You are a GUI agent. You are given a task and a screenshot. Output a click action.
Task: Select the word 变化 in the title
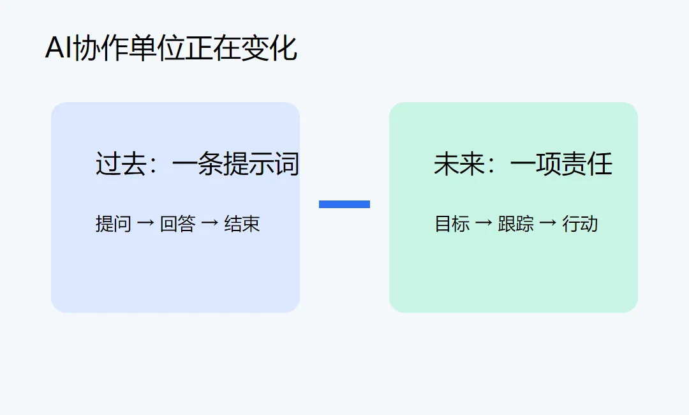tap(269, 48)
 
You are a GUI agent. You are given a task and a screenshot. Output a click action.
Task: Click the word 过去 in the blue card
tap(121, 164)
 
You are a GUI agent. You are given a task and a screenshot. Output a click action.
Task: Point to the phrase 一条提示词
tap(236, 164)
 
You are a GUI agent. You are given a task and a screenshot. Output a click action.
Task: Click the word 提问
tap(114, 223)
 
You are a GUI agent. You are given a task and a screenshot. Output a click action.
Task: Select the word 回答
tap(177, 223)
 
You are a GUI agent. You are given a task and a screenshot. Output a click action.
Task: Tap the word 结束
tap(242, 223)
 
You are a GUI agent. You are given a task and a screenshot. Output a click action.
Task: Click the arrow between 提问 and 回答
tap(145, 223)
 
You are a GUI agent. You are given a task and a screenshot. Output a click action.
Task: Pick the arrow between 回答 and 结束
tap(210, 223)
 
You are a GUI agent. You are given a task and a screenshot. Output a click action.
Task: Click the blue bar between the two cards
tap(344, 204)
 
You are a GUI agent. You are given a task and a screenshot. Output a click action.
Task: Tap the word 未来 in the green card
tap(459, 164)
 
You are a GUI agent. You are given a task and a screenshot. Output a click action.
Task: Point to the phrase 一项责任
tap(561, 164)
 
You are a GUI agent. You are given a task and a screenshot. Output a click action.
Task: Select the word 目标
tap(452, 223)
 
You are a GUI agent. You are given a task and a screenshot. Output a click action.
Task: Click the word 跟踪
tap(516, 223)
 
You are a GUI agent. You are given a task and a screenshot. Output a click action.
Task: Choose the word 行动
tap(580, 223)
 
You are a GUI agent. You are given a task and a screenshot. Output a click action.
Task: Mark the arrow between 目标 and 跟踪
tap(484, 223)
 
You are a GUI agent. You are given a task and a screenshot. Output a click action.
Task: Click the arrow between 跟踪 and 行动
tap(548, 223)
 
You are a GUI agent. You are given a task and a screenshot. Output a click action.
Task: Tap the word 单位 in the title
tap(156, 48)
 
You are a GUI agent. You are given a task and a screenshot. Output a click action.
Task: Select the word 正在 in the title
tap(212, 48)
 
